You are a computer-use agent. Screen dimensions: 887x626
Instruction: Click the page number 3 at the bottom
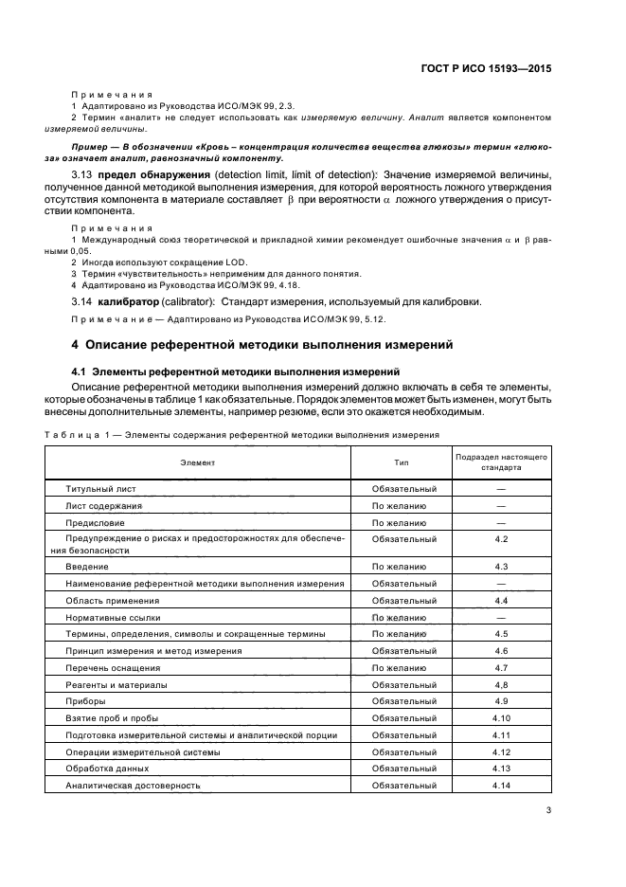click(548, 809)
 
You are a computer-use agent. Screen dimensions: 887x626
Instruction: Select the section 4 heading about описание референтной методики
click(263, 345)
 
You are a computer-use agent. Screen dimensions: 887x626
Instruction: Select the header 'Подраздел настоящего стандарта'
click(502, 462)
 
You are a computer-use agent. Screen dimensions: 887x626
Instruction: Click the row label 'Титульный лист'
click(100, 489)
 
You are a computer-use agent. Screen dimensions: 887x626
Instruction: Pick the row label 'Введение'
click(86, 566)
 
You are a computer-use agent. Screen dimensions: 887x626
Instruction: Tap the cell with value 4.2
click(502, 538)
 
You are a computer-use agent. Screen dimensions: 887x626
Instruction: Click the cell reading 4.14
click(502, 786)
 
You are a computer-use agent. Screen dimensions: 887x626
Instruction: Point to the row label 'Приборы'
click(85, 700)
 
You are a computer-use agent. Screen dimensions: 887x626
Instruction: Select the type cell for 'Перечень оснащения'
click(398, 667)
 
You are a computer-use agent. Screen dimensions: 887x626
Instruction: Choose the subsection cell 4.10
click(502, 717)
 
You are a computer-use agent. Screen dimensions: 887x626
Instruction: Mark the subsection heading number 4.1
click(80, 372)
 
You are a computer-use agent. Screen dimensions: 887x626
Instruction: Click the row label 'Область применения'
click(112, 601)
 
